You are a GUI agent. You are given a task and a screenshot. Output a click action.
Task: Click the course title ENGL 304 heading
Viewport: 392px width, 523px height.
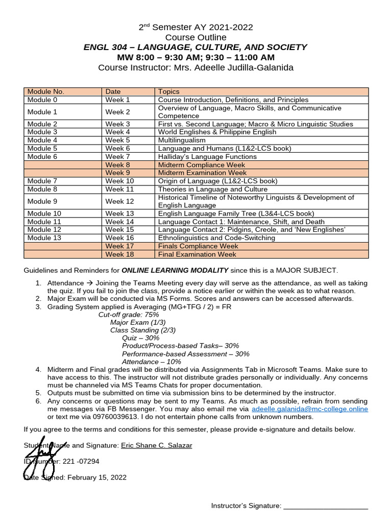(195, 47)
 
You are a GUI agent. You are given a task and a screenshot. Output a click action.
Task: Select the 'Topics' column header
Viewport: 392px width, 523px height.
(168, 91)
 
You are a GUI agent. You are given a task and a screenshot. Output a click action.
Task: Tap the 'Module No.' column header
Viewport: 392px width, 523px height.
(45, 91)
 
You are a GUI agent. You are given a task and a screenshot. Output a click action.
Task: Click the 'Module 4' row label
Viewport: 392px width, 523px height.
(42, 140)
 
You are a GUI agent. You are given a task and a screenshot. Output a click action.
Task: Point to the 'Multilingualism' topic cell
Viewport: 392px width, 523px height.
(182, 140)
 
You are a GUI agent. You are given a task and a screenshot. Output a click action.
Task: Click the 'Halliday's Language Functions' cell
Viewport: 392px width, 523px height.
(207, 156)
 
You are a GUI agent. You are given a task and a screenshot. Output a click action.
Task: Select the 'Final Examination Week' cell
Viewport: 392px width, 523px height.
(197, 254)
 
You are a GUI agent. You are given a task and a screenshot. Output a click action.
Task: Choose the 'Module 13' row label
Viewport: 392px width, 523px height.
(44, 237)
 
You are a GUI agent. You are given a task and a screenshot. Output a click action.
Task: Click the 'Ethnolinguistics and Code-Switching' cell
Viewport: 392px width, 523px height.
(216, 237)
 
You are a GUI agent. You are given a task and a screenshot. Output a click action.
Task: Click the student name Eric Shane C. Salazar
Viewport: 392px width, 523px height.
(156, 445)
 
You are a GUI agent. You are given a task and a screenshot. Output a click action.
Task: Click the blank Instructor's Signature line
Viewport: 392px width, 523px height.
(326, 506)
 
